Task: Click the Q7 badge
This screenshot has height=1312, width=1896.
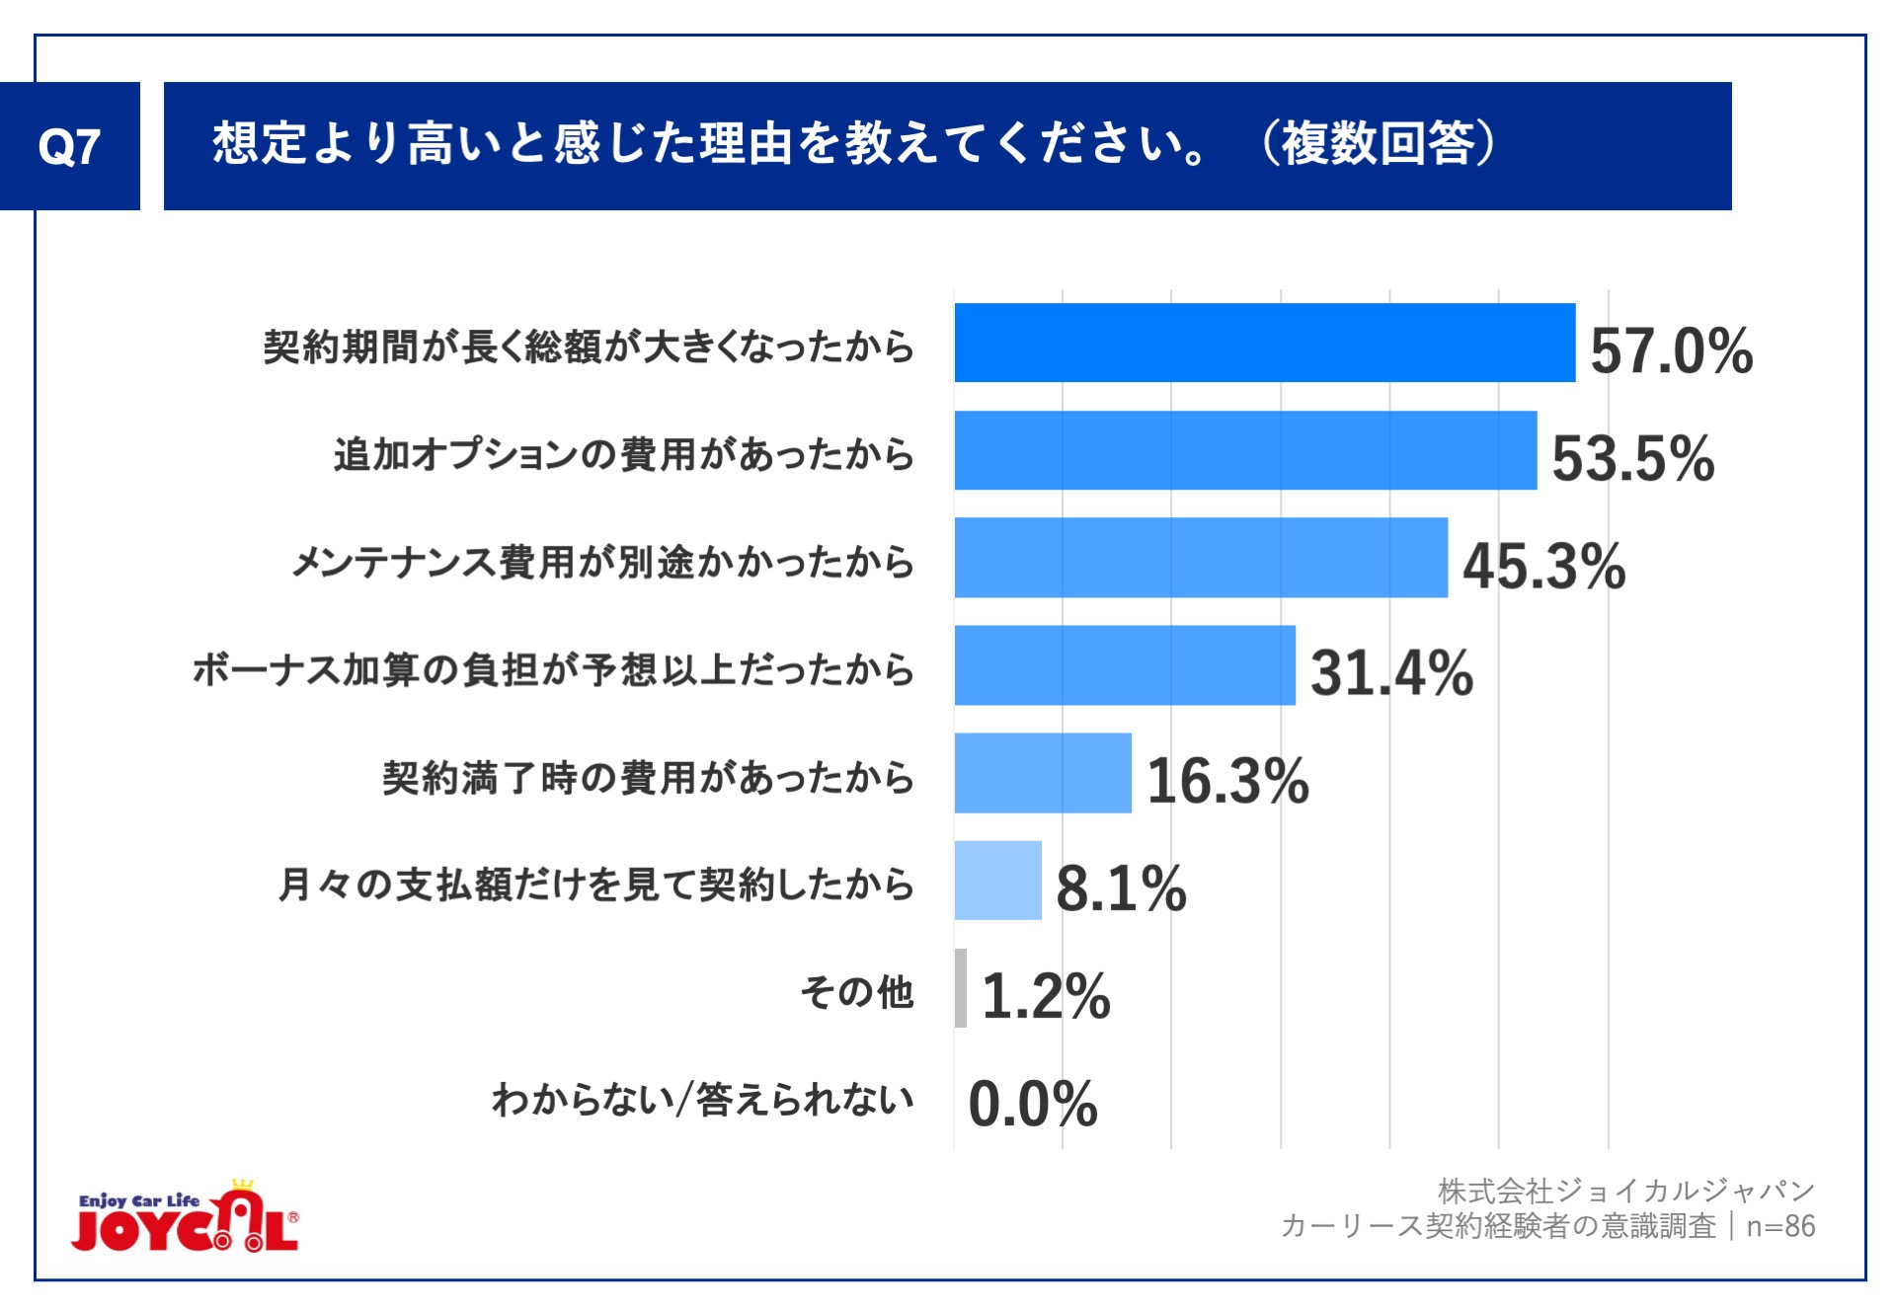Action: tap(69, 146)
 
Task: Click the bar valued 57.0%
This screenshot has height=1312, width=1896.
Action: tap(1264, 343)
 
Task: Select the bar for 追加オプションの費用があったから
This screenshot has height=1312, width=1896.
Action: tap(1244, 450)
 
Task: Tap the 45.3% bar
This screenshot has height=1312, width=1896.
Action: tap(1200, 558)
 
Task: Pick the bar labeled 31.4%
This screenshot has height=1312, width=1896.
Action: tap(1124, 665)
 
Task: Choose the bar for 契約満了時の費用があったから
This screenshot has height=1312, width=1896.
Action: tap(1042, 773)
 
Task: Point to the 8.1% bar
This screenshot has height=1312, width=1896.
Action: tap(997, 881)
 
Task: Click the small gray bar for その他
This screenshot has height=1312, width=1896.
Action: tap(961, 988)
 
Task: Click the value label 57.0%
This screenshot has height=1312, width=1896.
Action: tap(1671, 350)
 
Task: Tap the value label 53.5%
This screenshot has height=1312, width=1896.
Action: tap(1632, 458)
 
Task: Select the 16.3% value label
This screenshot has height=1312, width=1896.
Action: tap(1227, 781)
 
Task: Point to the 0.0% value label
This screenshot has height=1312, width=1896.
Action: tap(1033, 1104)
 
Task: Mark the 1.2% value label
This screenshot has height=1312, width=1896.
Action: tap(1046, 996)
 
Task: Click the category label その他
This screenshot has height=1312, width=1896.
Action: tap(856, 992)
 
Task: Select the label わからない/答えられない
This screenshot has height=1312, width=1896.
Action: tap(702, 1100)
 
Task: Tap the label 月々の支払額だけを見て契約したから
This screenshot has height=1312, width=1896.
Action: tap(595, 885)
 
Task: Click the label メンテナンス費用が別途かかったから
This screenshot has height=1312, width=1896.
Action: tap(602, 562)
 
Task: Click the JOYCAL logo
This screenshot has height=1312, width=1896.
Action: tap(185, 1219)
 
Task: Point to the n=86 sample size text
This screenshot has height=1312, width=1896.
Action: tap(1780, 1226)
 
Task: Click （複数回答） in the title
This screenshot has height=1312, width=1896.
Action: tap(1379, 144)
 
